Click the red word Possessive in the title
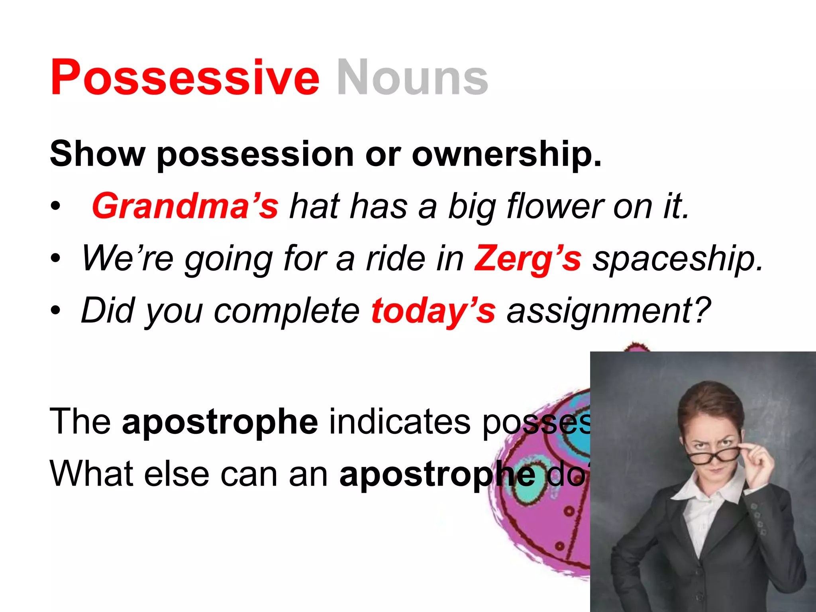pos(185,77)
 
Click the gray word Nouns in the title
pos(412,77)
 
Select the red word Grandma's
pos(185,206)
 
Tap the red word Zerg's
pos(527,259)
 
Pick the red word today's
pos(433,311)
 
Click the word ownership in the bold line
pos(506,155)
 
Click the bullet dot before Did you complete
pos(56,311)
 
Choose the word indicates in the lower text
pos(400,422)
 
